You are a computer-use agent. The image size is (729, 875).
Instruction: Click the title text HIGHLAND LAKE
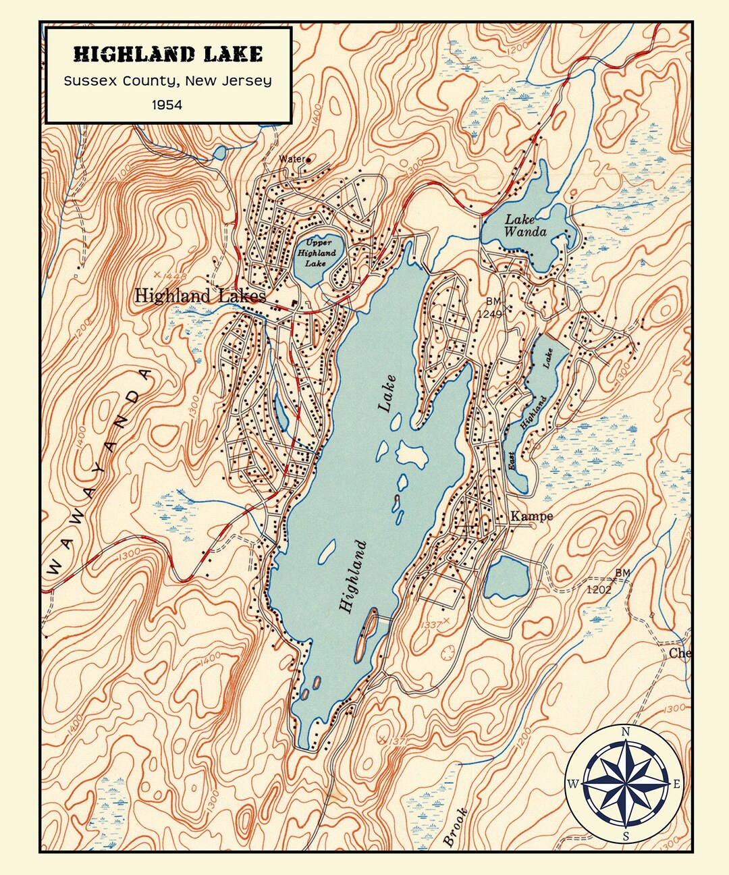(x=168, y=54)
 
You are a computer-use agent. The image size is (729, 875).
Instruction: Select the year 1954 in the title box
(x=167, y=105)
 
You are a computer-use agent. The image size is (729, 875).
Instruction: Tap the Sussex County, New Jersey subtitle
(x=168, y=81)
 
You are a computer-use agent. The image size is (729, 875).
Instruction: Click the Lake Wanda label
(x=525, y=226)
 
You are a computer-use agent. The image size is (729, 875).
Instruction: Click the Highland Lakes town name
(x=200, y=296)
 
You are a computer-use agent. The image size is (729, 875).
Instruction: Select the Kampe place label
(x=531, y=516)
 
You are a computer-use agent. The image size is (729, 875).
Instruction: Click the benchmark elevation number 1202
(x=598, y=589)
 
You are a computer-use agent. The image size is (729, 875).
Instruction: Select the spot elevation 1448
(x=175, y=275)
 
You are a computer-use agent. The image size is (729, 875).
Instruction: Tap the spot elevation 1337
(x=430, y=625)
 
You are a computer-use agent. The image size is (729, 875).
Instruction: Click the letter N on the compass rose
(x=626, y=732)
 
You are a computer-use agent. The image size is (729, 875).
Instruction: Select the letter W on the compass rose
(x=573, y=784)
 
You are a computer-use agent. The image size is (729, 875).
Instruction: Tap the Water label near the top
(x=292, y=159)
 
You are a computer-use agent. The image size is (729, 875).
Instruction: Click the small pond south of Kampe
(x=506, y=578)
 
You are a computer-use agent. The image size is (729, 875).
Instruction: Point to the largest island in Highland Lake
(x=412, y=454)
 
